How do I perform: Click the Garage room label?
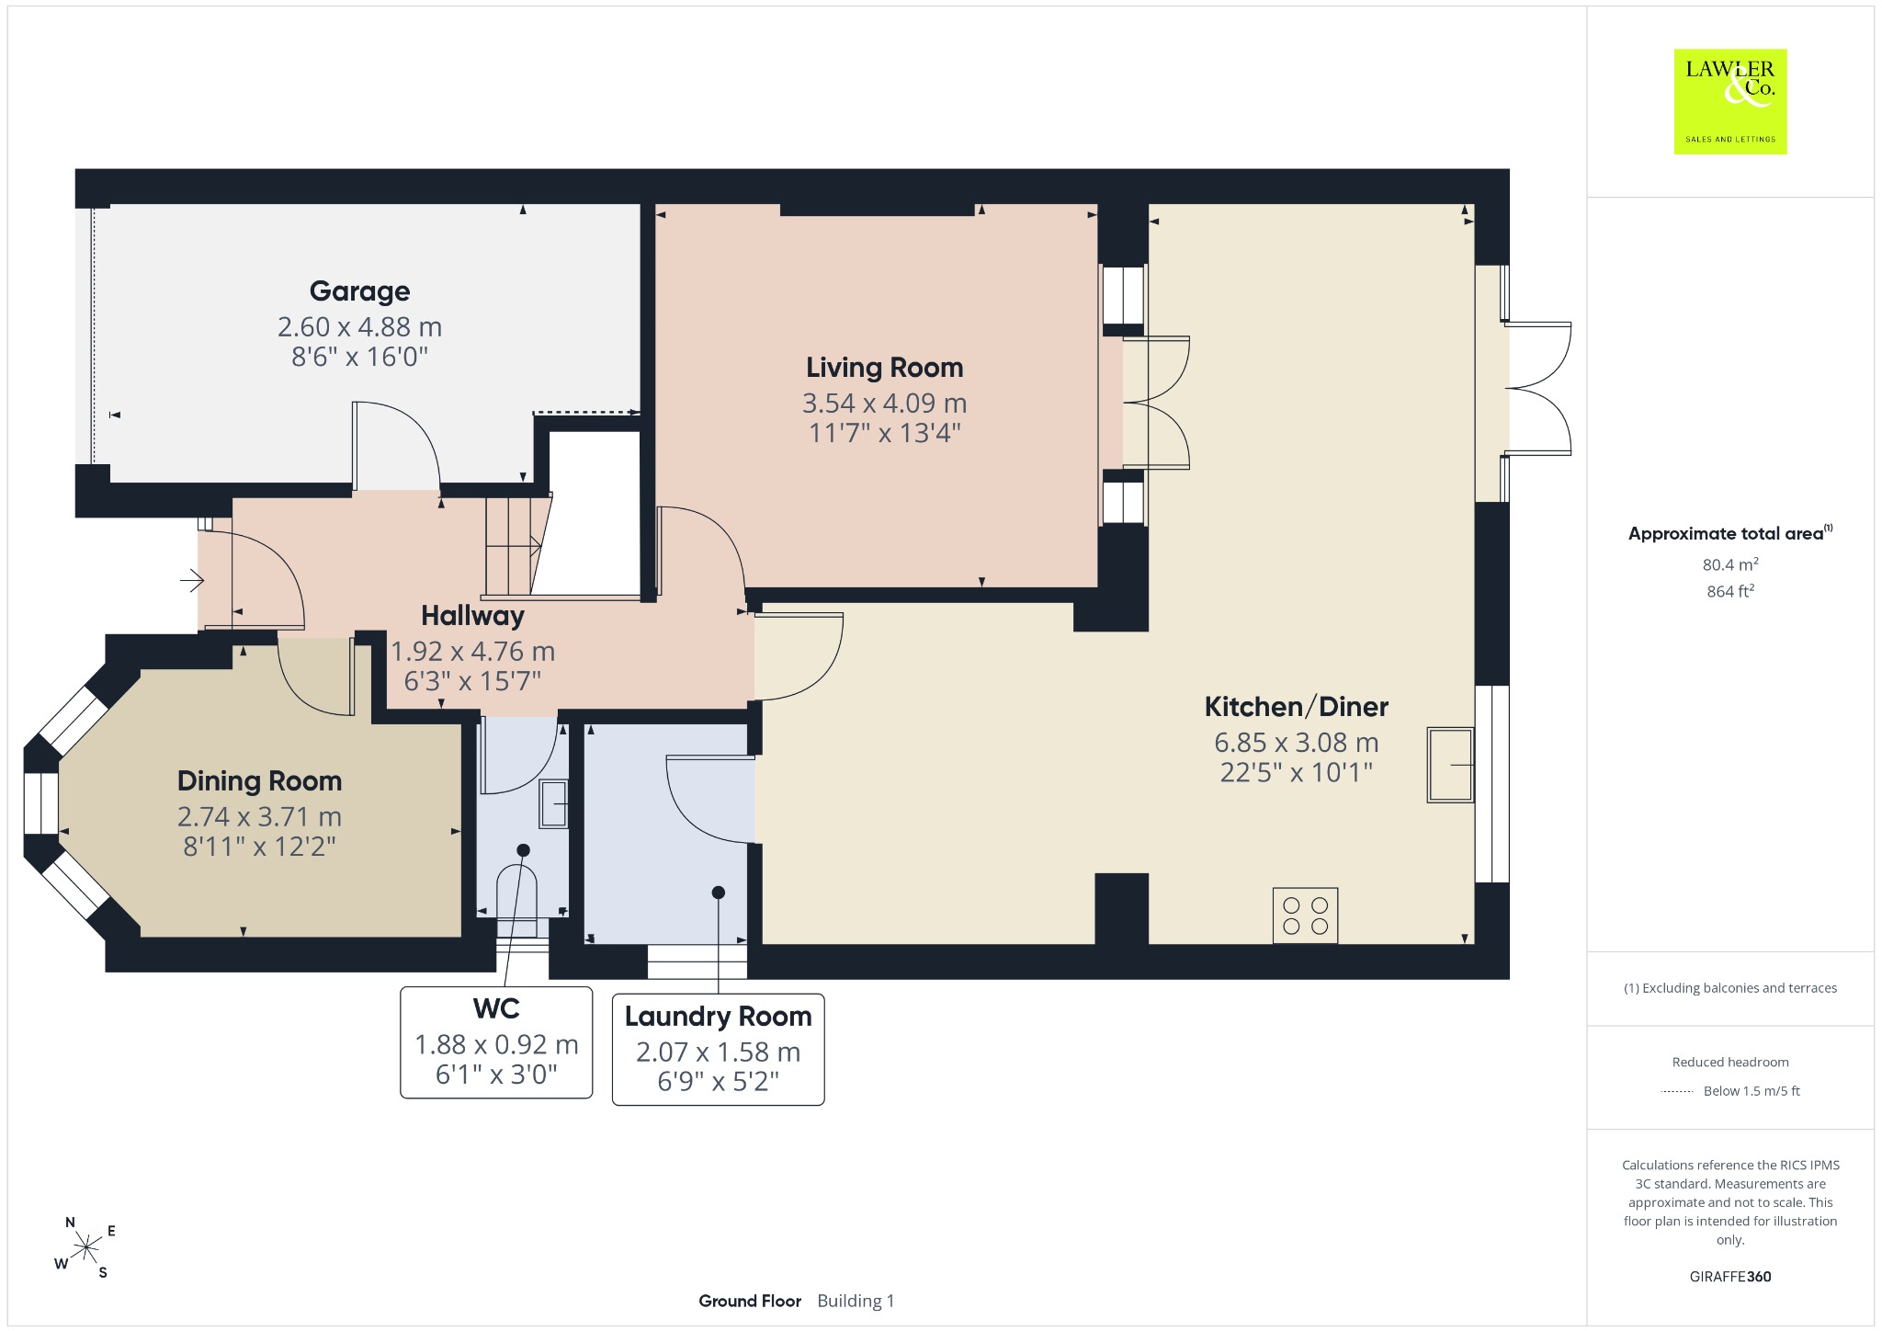pos(359,291)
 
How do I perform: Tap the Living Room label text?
pos(884,368)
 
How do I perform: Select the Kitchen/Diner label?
pos(1296,707)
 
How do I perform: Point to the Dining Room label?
pos(259,781)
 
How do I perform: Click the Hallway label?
pos(472,616)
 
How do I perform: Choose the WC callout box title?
pos(496,1008)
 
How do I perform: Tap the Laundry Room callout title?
pos(718,1017)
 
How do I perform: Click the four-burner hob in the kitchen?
pos(1305,916)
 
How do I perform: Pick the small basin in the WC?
pos(553,804)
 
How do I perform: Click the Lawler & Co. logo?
pos(1729,101)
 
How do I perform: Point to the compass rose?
pos(86,1248)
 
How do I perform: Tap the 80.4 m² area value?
pos(1730,564)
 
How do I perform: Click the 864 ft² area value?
pos(1730,591)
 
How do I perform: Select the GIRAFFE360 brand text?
pos(1730,1277)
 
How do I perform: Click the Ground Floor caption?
pos(750,1301)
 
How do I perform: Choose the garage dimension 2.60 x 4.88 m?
pos(359,327)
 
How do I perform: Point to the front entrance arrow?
pos(191,580)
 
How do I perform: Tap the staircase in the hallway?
pos(516,546)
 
